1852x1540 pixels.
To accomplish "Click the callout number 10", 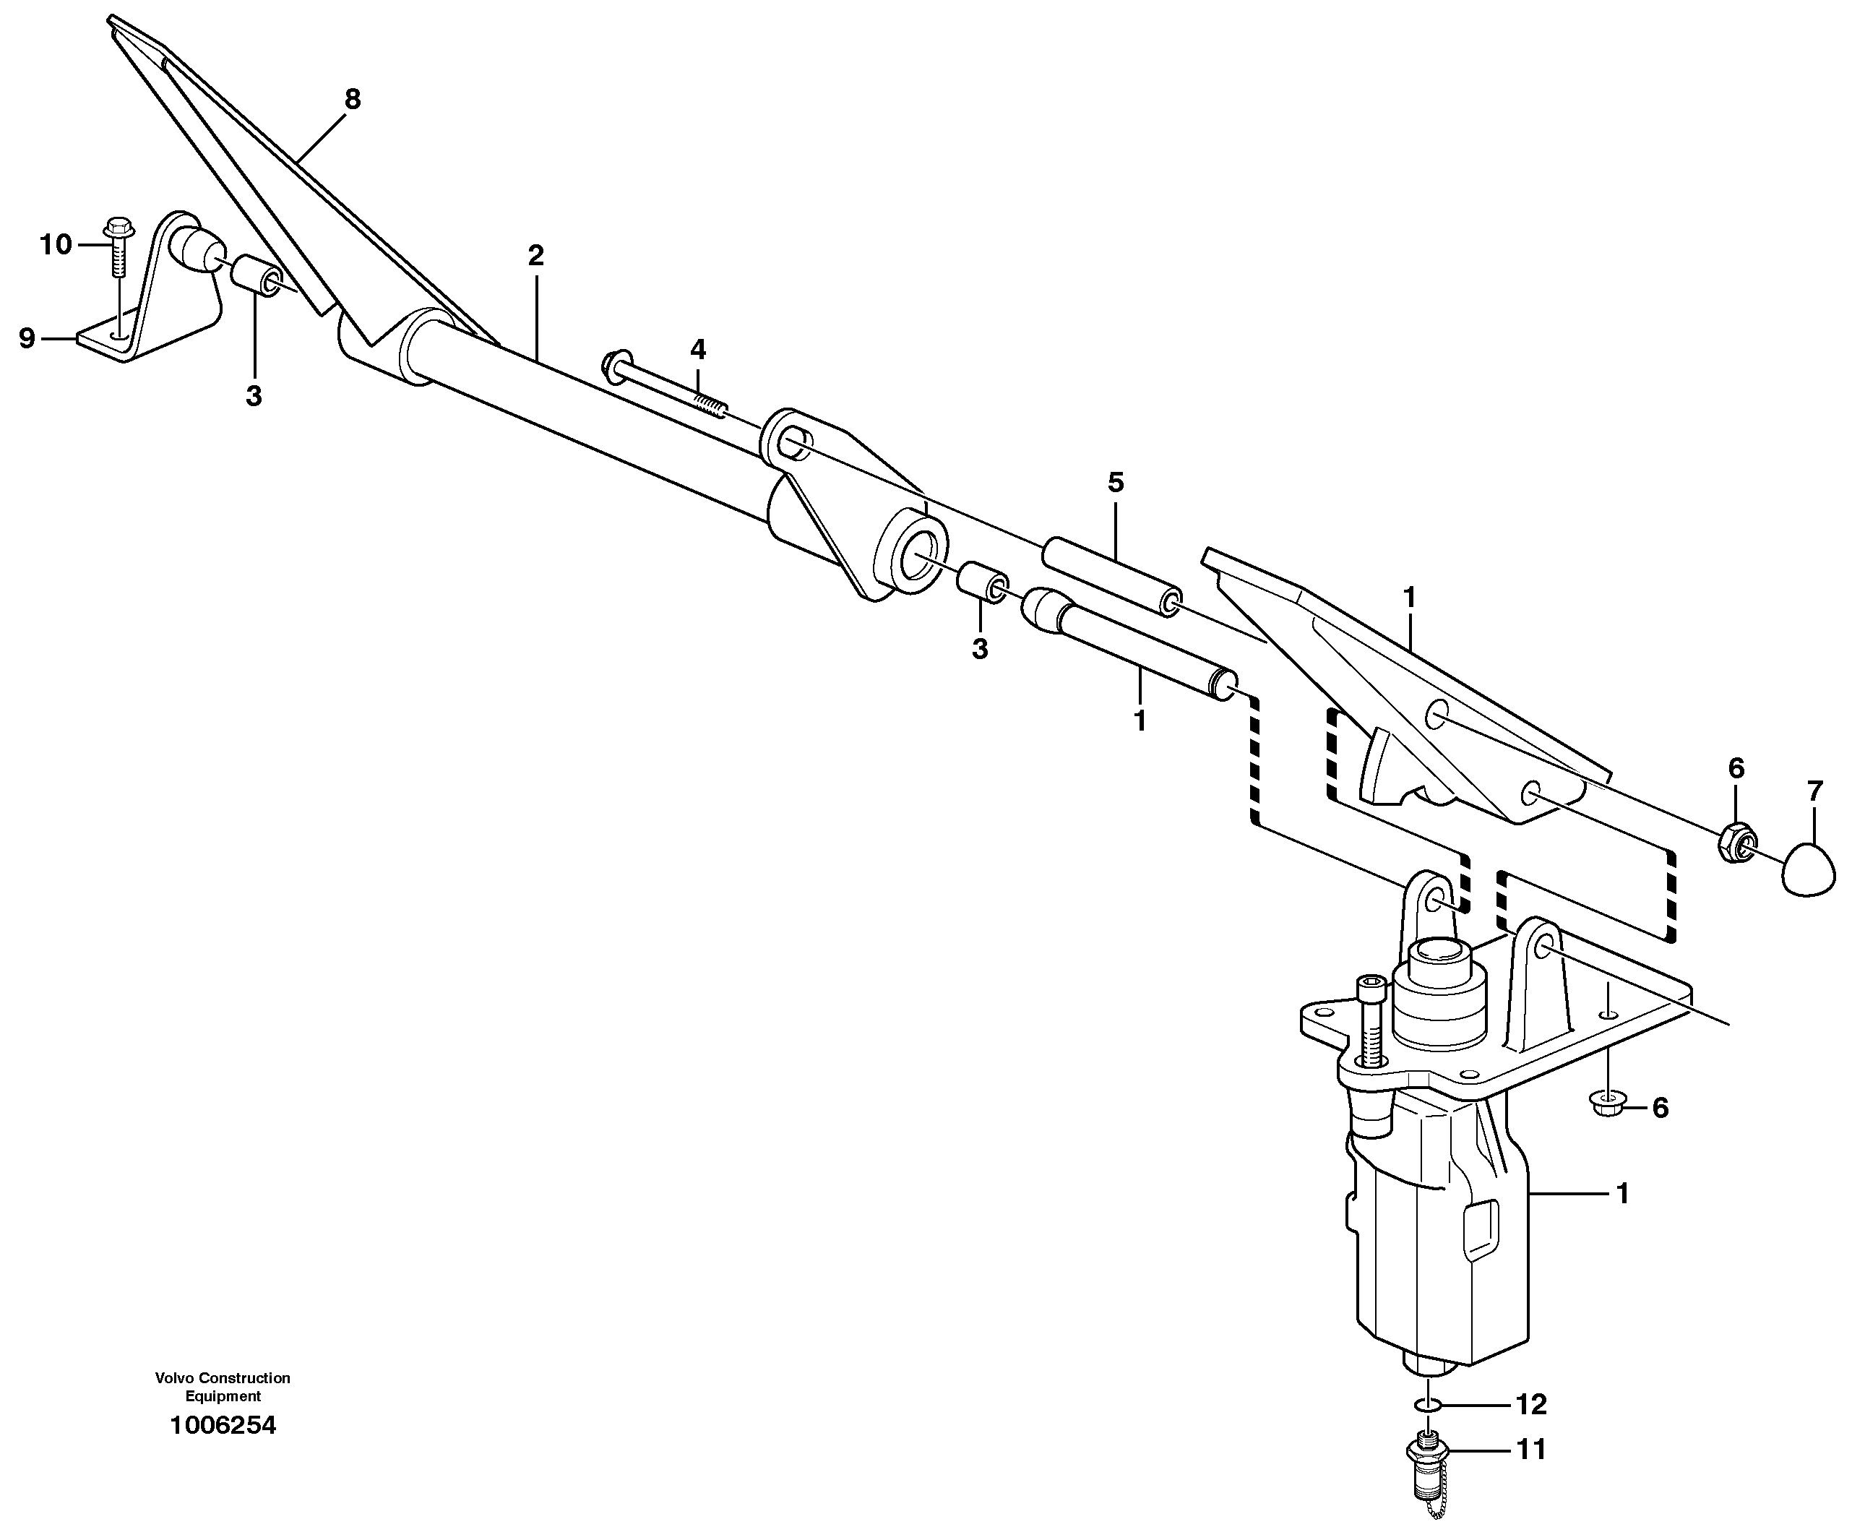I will tap(56, 244).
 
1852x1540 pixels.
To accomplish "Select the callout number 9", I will tap(27, 337).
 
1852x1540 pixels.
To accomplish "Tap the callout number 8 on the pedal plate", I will tap(353, 100).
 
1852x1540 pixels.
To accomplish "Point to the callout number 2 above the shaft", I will tap(535, 256).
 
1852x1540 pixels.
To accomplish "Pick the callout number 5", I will tap(1116, 483).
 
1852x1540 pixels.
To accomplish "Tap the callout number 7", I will tap(1814, 791).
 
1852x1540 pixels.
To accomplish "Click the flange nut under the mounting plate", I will tap(1608, 1105).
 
